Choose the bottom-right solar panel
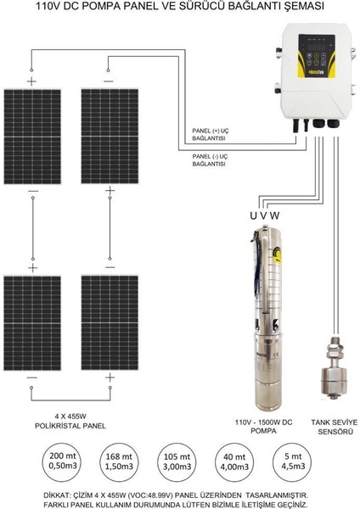(x=108, y=321)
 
